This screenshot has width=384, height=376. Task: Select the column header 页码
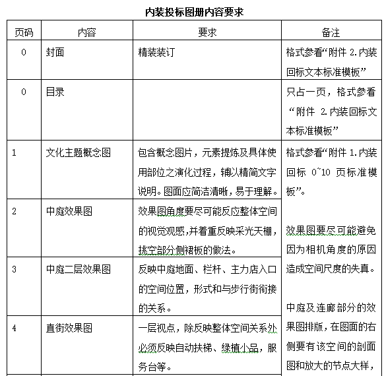point(24,32)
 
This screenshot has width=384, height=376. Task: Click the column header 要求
point(207,32)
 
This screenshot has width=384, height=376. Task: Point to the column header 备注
point(331,32)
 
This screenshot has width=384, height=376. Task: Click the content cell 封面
point(55,52)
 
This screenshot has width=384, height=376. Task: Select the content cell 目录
point(55,92)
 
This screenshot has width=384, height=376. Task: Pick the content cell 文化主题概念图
point(79,152)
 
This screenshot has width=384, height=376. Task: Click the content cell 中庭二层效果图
point(79,269)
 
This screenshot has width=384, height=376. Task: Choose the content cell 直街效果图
point(69,328)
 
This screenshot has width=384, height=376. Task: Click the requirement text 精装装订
point(156,52)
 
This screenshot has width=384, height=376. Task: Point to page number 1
point(14,152)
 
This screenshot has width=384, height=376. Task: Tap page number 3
point(14,269)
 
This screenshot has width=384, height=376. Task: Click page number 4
point(14,328)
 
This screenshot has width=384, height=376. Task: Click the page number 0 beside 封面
point(24,52)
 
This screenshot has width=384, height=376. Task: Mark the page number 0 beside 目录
point(24,92)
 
